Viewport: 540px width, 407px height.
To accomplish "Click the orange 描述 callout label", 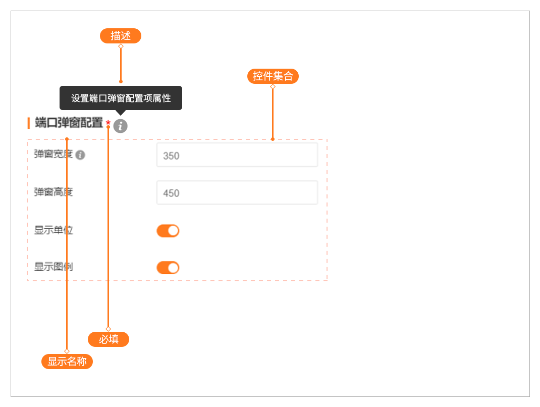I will tap(121, 36).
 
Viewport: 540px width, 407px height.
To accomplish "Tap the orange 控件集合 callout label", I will tap(273, 76).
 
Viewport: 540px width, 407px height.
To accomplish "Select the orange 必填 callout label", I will tap(109, 339).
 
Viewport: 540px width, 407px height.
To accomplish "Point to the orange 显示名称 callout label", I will tap(67, 362).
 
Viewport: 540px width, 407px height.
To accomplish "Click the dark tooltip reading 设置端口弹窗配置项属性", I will tap(121, 98).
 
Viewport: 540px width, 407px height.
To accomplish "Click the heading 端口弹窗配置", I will tap(69, 123).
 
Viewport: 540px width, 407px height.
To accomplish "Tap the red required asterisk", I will tap(108, 123).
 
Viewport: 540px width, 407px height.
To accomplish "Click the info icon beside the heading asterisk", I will tap(120, 126).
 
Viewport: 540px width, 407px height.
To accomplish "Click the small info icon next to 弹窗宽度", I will tap(80, 155).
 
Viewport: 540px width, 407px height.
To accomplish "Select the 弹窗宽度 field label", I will tap(53, 155).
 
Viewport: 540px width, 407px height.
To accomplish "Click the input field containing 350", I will tap(237, 155).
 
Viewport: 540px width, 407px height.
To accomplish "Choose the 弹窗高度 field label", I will tap(53, 192).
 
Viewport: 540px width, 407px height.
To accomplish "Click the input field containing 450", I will tap(237, 193).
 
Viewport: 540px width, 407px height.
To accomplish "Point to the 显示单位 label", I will tap(53, 230).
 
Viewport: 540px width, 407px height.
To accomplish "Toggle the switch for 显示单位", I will tap(168, 231).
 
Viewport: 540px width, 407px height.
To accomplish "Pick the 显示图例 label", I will tap(53, 267).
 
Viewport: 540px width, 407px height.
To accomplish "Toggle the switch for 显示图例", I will tap(168, 268).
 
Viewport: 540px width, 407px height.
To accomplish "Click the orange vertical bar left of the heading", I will tap(29, 123).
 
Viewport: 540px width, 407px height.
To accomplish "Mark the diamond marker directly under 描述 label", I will tap(121, 46).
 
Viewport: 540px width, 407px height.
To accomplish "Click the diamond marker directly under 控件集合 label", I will tap(273, 86).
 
